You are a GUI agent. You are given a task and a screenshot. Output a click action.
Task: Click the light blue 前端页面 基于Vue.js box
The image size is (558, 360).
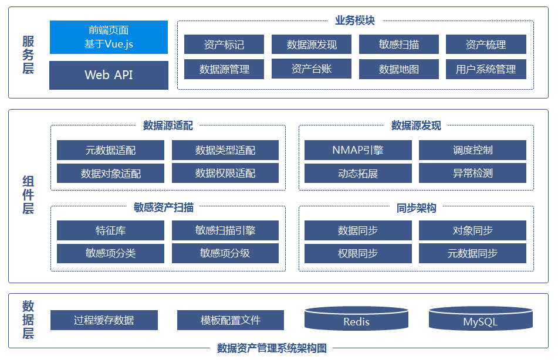(109, 37)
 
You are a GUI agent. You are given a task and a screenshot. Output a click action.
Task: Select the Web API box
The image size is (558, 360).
(109, 75)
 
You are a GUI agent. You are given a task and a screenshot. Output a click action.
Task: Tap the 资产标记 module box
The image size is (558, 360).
(224, 44)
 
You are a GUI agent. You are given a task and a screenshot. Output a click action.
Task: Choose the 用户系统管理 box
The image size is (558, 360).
(486, 69)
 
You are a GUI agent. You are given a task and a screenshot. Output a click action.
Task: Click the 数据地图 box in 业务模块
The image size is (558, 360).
(398, 69)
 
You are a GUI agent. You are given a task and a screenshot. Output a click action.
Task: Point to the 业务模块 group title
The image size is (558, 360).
(355, 21)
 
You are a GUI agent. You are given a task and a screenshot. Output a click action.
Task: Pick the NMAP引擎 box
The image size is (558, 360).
(358, 150)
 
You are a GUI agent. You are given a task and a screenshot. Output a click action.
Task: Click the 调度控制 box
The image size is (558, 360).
(472, 150)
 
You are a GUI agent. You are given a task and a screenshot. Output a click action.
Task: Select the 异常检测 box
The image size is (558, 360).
(472, 173)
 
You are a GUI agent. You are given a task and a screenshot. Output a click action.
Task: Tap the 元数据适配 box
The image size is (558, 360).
(110, 150)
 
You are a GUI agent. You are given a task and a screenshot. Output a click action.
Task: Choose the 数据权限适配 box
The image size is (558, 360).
(225, 173)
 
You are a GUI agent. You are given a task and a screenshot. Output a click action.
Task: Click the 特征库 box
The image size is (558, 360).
(110, 230)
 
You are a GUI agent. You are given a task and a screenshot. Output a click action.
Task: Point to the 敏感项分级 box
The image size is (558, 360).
(225, 253)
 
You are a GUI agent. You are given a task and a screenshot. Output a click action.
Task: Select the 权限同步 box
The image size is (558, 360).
(358, 253)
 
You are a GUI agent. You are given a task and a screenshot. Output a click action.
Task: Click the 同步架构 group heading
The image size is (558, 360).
(417, 208)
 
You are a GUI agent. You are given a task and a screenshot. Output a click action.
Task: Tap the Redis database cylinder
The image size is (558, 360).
(356, 318)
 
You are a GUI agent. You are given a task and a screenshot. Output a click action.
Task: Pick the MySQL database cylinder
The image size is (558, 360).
(481, 318)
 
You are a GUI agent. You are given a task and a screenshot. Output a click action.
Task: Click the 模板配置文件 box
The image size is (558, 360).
(230, 320)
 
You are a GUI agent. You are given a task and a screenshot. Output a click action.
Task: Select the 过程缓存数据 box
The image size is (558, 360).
(104, 320)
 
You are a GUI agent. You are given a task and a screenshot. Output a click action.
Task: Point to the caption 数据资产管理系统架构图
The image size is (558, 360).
(272, 348)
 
